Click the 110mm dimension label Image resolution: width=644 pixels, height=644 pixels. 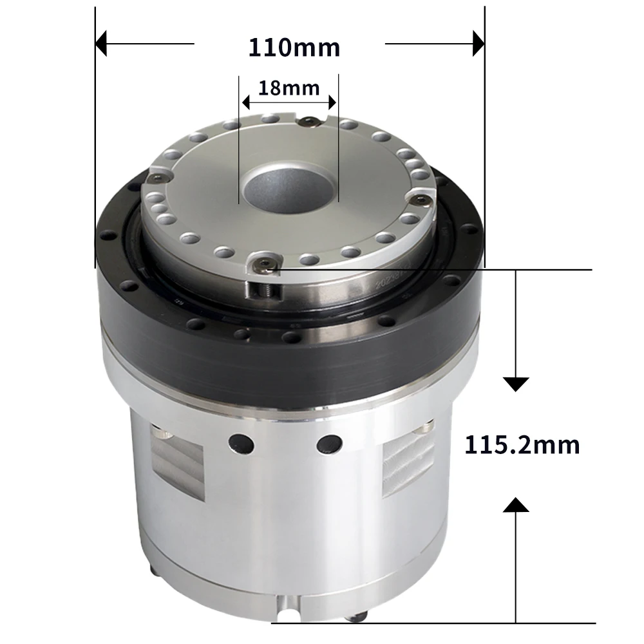[x=294, y=47]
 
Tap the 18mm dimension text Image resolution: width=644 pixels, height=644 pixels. [x=289, y=88]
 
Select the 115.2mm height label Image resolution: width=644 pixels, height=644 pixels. [x=522, y=445]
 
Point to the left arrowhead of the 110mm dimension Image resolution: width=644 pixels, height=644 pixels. [x=101, y=44]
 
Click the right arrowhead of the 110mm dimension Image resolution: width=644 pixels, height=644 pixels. [x=478, y=44]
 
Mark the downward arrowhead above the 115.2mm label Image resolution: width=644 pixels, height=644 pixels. [x=515, y=384]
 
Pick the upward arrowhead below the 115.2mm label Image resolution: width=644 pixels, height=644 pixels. [x=515, y=504]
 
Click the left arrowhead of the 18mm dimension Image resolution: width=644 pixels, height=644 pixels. [x=246, y=101]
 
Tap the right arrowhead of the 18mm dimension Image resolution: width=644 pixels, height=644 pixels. [x=332, y=101]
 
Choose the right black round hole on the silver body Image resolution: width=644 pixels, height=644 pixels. [x=330, y=443]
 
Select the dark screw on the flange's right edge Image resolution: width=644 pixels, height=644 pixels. [x=420, y=200]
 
